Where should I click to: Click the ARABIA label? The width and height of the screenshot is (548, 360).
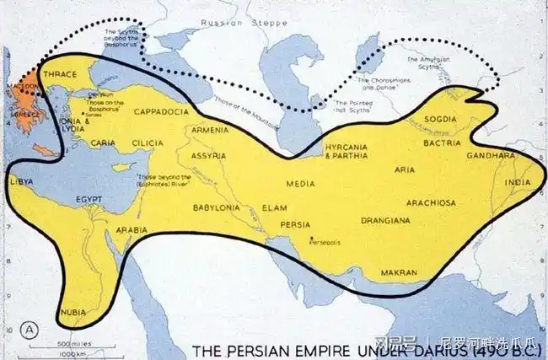tap(133, 229)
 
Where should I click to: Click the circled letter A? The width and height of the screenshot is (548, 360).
tap(31, 329)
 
